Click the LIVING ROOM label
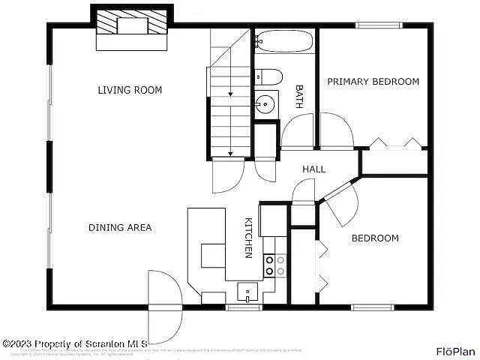click(x=130, y=90)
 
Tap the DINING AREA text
click(x=120, y=227)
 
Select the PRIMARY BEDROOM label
click(x=373, y=82)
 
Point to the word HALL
click(x=313, y=169)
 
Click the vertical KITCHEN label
click(x=248, y=238)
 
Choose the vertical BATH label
click(x=298, y=96)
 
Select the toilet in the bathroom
click(x=268, y=76)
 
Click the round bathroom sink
click(x=265, y=104)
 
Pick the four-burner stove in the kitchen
click(x=274, y=265)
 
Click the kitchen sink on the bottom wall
click(x=247, y=290)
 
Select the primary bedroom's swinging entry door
click(x=337, y=132)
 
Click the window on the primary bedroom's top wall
click(x=378, y=25)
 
